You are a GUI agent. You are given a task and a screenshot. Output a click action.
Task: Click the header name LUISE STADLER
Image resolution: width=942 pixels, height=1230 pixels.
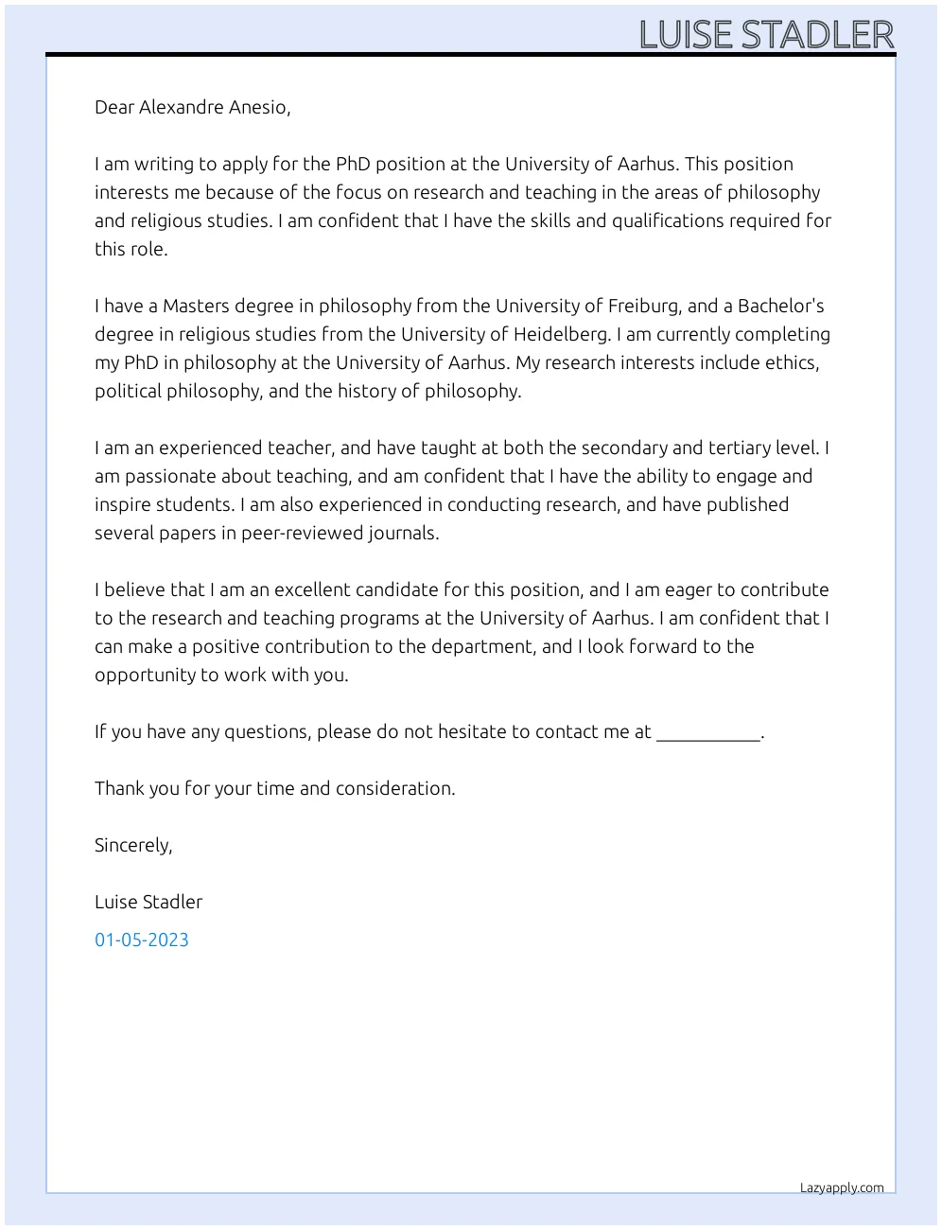766,35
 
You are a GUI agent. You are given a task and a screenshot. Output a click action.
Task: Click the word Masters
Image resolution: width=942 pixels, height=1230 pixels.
196,306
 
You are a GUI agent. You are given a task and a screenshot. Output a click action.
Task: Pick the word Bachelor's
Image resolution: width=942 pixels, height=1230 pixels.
781,306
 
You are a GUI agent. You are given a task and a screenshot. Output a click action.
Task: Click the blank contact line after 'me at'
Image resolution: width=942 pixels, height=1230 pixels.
707,734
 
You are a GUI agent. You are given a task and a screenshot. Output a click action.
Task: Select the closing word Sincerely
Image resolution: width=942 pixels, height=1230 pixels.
133,845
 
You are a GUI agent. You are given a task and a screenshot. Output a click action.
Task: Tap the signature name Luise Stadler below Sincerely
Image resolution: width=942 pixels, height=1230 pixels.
148,902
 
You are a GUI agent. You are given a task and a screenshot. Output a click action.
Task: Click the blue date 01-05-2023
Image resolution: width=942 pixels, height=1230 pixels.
142,940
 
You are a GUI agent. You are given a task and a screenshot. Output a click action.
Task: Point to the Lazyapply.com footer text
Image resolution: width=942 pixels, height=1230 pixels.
842,1187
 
